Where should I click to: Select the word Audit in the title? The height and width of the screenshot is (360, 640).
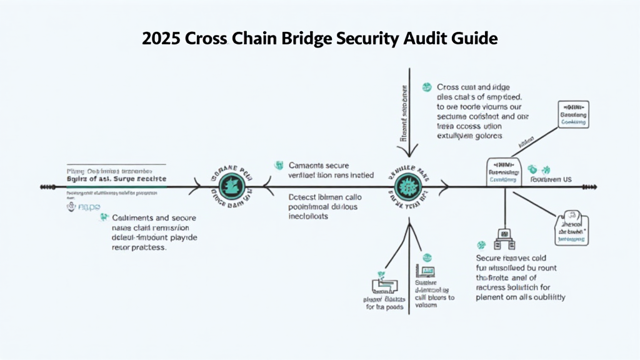pyautogui.click(x=429, y=39)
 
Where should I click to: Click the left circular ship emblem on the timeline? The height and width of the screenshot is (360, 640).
pyautogui.click(x=231, y=186)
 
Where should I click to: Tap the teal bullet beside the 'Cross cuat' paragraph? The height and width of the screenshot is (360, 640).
pyautogui.click(x=427, y=87)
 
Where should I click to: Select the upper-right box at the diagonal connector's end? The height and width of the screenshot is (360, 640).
pyautogui.click(x=573, y=115)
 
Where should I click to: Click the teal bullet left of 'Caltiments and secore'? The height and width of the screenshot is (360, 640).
pyautogui.click(x=103, y=217)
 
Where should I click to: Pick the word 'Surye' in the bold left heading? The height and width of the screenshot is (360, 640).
pyautogui.click(x=126, y=179)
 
